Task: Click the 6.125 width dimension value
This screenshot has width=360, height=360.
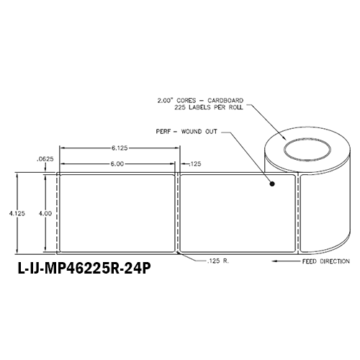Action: click(120, 148)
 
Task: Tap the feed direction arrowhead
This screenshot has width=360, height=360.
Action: click(274, 260)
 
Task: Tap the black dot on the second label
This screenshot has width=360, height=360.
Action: click(273, 185)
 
